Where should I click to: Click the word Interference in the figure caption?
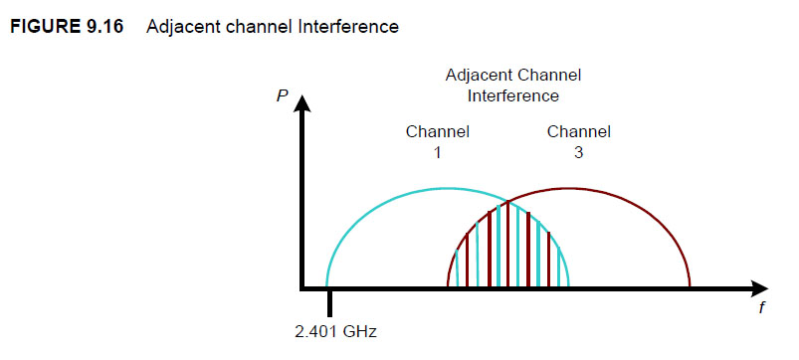353,27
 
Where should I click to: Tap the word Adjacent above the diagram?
475,76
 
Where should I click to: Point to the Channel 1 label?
437,141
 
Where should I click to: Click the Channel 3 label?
578,141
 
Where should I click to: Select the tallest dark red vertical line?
508,244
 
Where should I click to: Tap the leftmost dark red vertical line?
467,264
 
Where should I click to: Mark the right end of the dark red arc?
689,286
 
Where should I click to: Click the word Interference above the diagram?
512,96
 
